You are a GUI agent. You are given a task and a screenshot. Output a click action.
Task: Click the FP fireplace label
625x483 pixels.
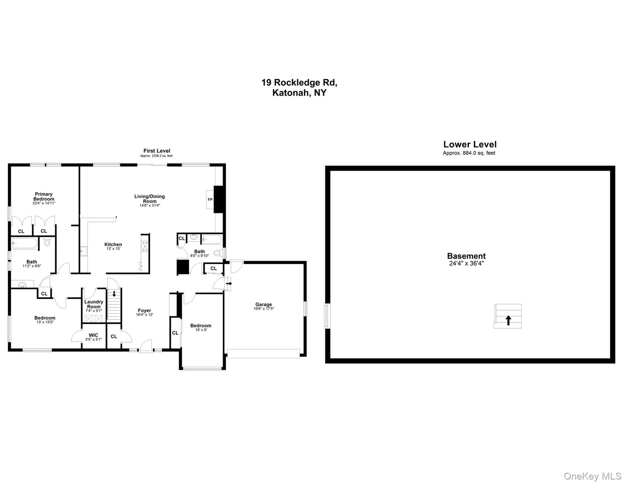click(210, 200)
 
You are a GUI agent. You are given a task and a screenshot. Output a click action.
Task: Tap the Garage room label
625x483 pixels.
click(263, 304)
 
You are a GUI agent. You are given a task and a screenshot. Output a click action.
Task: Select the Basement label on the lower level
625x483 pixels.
click(466, 256)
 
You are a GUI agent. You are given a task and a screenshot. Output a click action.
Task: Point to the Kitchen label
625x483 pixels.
click(113, 244)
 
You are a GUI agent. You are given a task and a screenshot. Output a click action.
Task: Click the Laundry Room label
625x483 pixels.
click(94, 304)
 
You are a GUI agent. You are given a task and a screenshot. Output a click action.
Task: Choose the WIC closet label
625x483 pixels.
click(93, 335)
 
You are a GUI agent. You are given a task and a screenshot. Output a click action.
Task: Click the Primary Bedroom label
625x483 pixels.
click(44, 197)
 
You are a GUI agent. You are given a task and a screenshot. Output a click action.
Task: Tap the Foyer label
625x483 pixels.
click(144, 310)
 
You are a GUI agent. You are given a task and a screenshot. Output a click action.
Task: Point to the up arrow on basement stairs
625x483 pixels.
click(508, 320)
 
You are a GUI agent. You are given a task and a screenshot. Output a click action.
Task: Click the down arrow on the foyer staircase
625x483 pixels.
click(114, 294)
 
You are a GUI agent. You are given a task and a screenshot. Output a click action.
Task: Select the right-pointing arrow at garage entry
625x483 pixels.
click(229, 284)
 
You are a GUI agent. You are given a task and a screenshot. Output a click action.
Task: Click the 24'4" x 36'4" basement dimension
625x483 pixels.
click(466, 264)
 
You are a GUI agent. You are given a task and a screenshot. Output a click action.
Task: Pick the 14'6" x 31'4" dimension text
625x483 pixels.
click(150, 206)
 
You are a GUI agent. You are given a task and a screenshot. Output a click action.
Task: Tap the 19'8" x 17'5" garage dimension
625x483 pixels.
click(264, 309)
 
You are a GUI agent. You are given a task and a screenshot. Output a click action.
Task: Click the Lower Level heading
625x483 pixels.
click(470, 144)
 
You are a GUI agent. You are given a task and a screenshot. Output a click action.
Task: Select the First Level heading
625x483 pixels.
click(157, 151)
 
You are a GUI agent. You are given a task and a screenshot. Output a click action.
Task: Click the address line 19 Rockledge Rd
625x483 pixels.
click(299, 83)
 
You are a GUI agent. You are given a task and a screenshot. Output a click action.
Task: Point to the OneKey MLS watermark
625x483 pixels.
click(592, 476)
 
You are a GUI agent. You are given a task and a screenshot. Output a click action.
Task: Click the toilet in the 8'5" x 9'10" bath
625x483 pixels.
click(217, 253)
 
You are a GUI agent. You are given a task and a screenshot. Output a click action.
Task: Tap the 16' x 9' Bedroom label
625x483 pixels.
click(201, 326)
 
